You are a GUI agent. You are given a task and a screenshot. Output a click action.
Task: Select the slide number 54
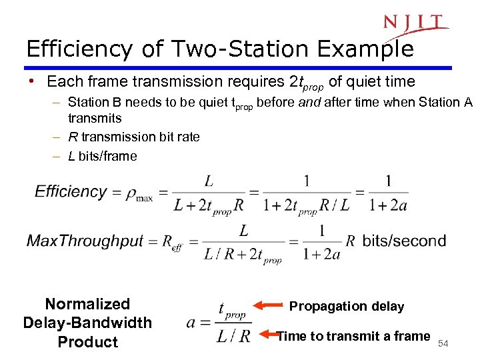point(443,343)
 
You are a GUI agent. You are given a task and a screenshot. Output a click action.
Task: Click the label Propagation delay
point(347,307)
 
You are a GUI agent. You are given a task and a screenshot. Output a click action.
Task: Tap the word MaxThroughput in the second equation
point(85,241)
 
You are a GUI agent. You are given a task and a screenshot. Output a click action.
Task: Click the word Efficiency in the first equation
point(71,192)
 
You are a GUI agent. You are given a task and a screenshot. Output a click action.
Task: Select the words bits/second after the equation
point(404,241)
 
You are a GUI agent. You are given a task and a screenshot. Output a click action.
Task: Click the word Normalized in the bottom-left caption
point(87,304)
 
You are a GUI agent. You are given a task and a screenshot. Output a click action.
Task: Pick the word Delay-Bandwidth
point(87,323)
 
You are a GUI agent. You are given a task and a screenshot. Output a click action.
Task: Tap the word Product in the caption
point(87,342)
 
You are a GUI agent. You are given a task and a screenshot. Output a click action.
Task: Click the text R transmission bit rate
point(134,137)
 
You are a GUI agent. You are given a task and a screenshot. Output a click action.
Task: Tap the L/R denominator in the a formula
point(233,335)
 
